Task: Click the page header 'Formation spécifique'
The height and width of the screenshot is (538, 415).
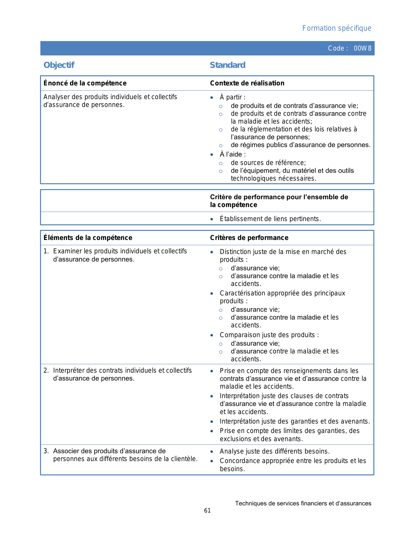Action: [x=337, y=28]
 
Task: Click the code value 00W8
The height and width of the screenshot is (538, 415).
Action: [x=362, y=49]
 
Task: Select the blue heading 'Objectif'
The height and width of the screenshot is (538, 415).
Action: [x=59, y=65]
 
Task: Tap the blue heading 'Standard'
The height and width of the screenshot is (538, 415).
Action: [x=228, y=65]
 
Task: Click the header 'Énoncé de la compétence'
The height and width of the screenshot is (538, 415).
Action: [x=85, y=83]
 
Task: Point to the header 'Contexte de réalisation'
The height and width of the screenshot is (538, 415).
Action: [x=247, y=83]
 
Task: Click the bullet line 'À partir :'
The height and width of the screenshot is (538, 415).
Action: [x=232, y=97]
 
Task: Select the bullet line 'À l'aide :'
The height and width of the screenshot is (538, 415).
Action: [x=233, y=154]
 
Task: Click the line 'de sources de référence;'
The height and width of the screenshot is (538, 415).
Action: [x=268, y=163]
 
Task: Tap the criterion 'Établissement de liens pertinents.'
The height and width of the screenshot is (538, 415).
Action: [x=270, y=219]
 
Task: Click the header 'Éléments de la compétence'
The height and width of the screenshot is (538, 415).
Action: [x=88, y=238]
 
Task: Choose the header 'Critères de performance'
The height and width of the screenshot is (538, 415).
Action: [x=249, y=238]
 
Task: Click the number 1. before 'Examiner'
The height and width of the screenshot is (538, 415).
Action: [x=46, y=251]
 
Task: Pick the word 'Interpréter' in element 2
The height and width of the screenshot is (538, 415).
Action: [x=69, y=370]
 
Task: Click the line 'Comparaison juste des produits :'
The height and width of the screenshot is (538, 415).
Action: [x=269, y=335]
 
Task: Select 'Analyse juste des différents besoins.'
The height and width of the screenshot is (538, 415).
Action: [x=275, y=451]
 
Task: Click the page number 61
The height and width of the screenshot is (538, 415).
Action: [x=207, y=511]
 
